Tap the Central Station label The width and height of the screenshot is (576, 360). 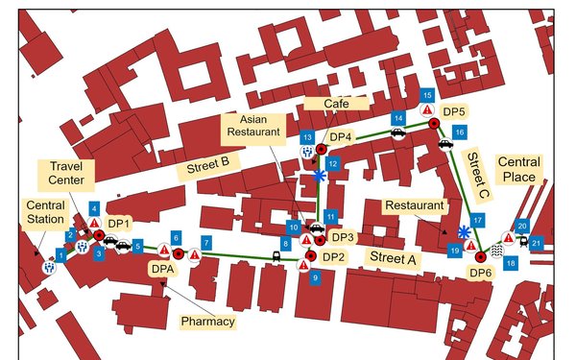pos(44,211)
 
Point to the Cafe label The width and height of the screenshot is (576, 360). pos(324,103)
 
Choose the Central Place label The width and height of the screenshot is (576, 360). pos(519,169)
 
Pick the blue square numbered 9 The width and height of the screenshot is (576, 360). pos(316,277)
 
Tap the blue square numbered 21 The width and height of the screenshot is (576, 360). pos(537,243)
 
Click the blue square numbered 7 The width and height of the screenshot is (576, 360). pos(204,243)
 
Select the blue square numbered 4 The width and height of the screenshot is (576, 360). pos(93,208)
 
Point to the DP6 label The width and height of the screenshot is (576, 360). pos(481,274)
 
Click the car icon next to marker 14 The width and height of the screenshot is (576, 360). pos(397,134)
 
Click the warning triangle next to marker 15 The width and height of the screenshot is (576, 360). pos(427,111)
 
